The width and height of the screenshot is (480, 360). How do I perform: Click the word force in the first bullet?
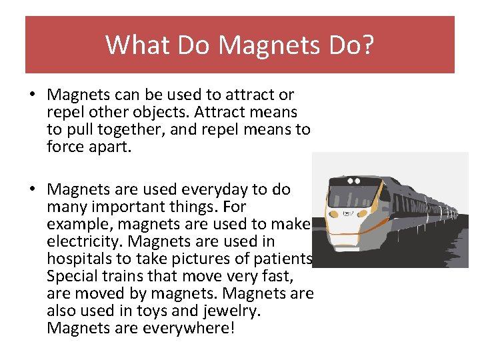(x=65, y=146)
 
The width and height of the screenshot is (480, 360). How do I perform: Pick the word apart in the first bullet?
(x=111, y=146)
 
